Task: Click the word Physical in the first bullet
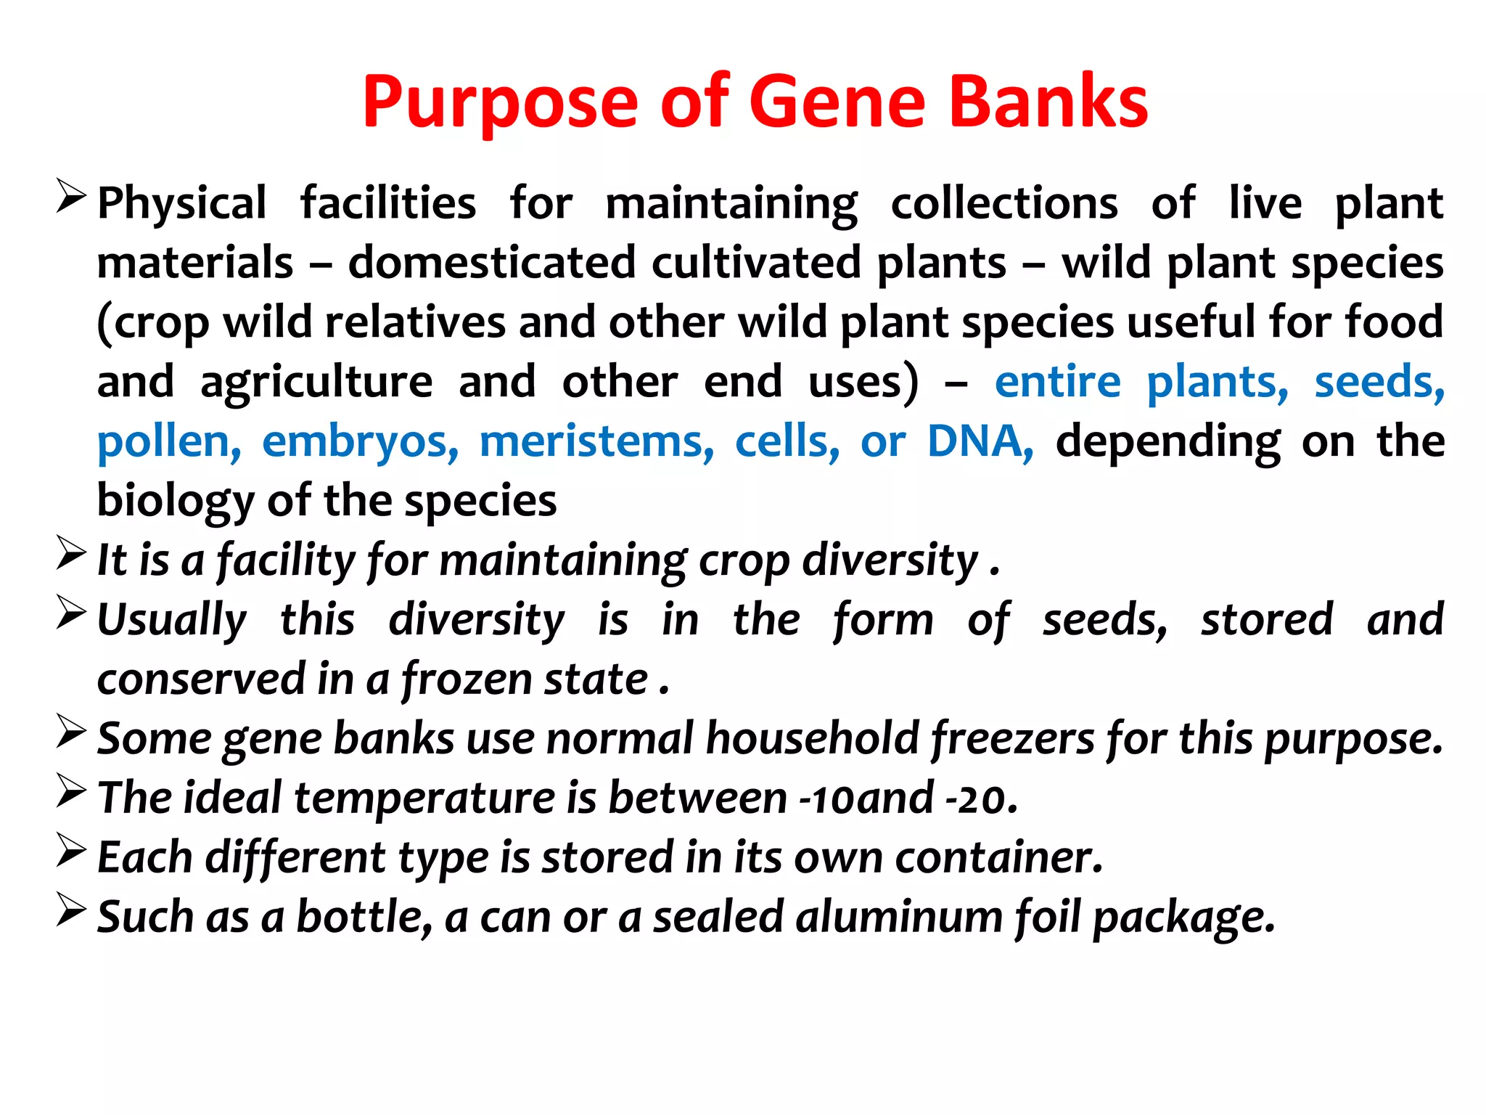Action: tap(182, 204)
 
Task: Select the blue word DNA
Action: tap(980, 441)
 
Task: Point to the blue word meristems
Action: tap(596, 441)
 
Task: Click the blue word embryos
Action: tap(360, 441)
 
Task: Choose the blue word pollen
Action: tap(169, 441)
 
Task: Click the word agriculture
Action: tap(316, 382)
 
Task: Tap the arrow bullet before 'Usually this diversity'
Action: tap(71, 613)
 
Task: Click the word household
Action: tap(813, 739)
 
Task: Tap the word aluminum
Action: tap(899, 918)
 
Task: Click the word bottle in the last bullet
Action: tap(364, 918)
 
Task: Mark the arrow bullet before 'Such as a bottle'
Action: tap(71, 910)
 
